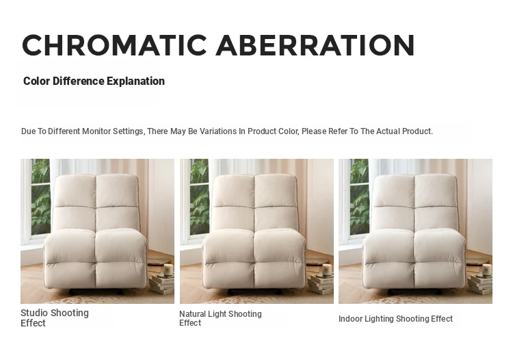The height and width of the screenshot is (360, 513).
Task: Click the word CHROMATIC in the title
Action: tap(114, 45)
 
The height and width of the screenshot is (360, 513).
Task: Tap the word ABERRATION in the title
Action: tap(315, 45)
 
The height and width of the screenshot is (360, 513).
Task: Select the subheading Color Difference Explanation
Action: tap(94, 81)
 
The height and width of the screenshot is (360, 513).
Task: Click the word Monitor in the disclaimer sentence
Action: tap(96, 131)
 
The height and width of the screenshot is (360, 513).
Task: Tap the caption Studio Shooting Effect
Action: tap(55, 318)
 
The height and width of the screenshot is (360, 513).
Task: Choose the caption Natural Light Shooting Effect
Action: tap(220, 318)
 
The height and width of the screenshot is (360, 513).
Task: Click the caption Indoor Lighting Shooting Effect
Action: tap(395, 319)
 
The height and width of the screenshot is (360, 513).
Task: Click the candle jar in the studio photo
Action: tap(168, 270)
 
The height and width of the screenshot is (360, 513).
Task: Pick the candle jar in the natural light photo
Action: tap(327, 270)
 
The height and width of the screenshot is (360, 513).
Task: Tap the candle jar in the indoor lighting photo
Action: tap(486, 270)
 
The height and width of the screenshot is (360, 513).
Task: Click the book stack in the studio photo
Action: tap(162, 284)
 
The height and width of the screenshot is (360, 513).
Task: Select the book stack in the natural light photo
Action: tap(321, 284)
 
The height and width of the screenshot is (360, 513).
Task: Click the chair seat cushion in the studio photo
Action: tap(96, 259)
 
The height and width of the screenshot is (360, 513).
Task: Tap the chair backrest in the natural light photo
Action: tap(255, 203)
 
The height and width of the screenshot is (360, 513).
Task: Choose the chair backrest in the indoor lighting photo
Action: tap(415, 203)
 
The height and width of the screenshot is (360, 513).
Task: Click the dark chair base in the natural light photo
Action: tap(255, 292)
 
